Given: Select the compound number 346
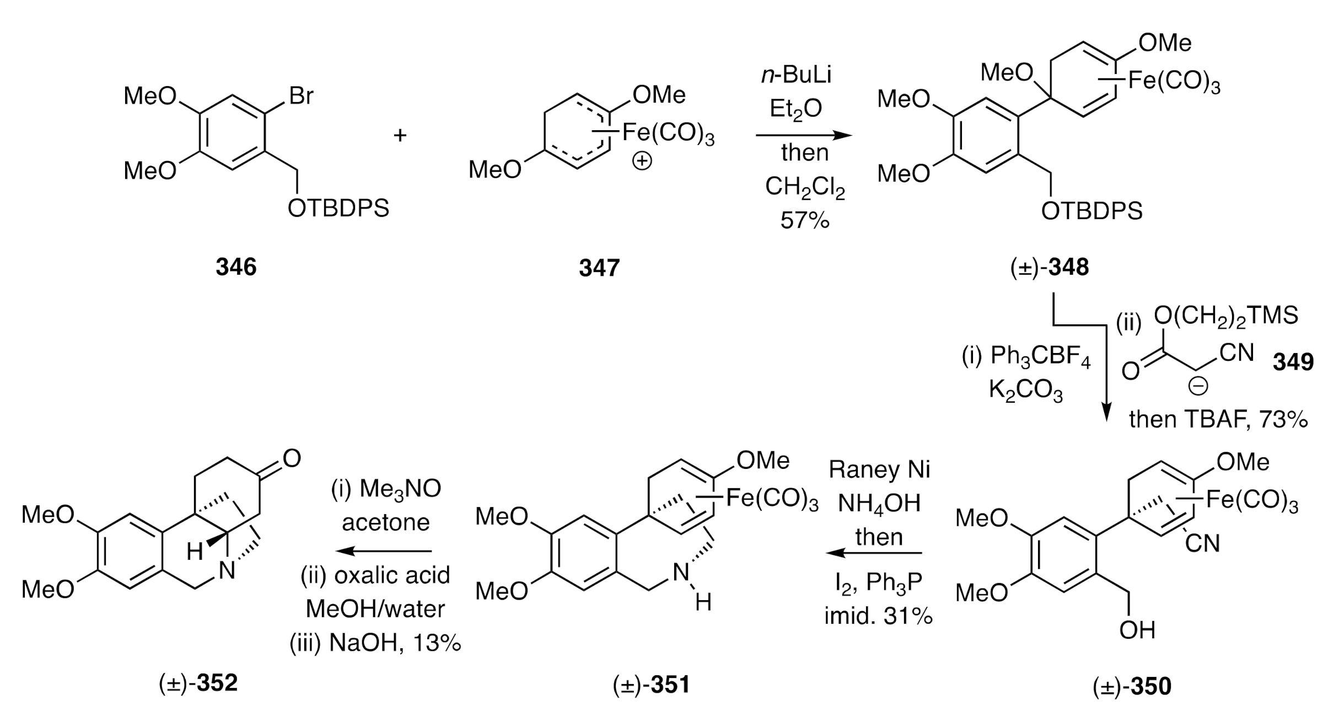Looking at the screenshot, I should click(236, 268).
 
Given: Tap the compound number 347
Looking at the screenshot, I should click(599, 268).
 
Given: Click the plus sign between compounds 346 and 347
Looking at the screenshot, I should click(400, 135).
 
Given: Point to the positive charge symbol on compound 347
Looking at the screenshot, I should click(642, 162).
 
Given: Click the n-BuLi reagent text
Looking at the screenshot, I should click(796, 76).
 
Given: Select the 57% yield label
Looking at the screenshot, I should click(804, 221).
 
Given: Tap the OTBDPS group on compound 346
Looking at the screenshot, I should click(338, 209).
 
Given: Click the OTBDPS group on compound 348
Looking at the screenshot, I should click(1091, 211).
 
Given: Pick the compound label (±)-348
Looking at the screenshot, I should click(1050, 268).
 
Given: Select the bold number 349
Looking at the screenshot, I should click(1293, 362).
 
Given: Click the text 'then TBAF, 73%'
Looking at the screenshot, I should click(1218, 420).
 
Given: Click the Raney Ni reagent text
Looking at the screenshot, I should click(880, 470).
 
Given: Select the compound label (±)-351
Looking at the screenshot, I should click(651, 685).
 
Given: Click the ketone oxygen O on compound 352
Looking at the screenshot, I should click(292, 458).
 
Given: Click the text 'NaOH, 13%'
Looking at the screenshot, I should click(395, 643).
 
